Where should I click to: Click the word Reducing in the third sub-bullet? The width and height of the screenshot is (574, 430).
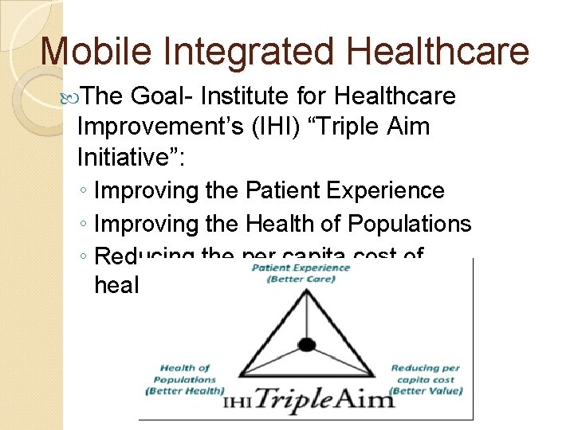click(143, 256)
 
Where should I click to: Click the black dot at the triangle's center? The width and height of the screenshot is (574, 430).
click(306, 345)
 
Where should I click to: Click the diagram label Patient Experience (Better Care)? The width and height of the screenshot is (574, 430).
click(301, 272)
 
